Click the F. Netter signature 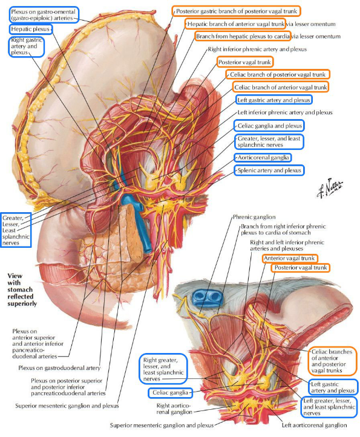[x=330, y=187]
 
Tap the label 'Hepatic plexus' [x=30, y=29]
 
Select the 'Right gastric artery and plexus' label [x=27, y=46]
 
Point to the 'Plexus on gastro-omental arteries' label [x=43, y=15]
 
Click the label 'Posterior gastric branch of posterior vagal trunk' [x=237, y=11]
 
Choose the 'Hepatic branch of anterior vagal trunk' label [x=236, y=24]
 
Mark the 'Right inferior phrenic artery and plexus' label [x=257, y=50]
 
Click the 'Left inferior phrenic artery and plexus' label [x=285, y=112]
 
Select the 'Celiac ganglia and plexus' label [x=270, y=126]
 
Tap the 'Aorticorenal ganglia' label [x=263, y=158]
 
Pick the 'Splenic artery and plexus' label [x=269, y=170]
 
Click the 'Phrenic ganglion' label [x=254, y=217]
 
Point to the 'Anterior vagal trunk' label [x=289, y=258]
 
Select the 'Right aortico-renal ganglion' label [x=174, y=409]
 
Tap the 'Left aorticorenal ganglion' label [x=314, y=425]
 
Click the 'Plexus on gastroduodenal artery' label [x=59, y=368]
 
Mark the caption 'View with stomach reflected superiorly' [x=22, y=290]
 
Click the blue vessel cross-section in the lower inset [x=208, y=299]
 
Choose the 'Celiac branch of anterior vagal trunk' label [x=281, y=87]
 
